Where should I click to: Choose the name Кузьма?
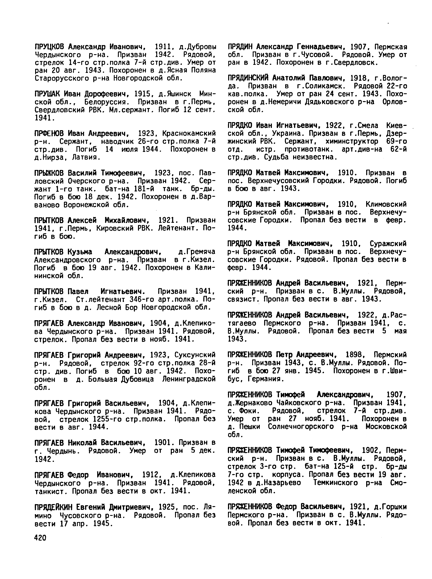80,252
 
